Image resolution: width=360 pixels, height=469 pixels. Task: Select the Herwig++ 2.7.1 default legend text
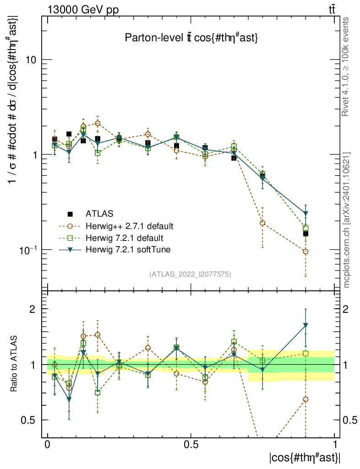point(130,226)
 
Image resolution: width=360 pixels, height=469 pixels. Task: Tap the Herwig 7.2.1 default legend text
point(124,238)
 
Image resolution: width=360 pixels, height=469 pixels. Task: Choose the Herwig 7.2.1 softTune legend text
point(126,250)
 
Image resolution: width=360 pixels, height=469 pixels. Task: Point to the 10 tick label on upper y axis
point(31,60)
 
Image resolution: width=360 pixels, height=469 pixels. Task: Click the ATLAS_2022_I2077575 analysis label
point(190,274)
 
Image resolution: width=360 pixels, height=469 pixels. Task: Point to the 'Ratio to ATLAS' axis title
point(14,365)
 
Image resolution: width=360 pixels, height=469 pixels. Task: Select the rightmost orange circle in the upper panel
point(305,251)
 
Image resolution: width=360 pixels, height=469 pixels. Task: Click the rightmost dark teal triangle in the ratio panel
point(305,325)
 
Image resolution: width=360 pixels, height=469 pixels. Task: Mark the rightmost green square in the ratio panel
point(305,354)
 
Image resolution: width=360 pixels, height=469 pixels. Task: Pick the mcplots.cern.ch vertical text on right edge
point(347,220)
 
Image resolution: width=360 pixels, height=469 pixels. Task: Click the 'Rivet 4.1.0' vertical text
point(347,66)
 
